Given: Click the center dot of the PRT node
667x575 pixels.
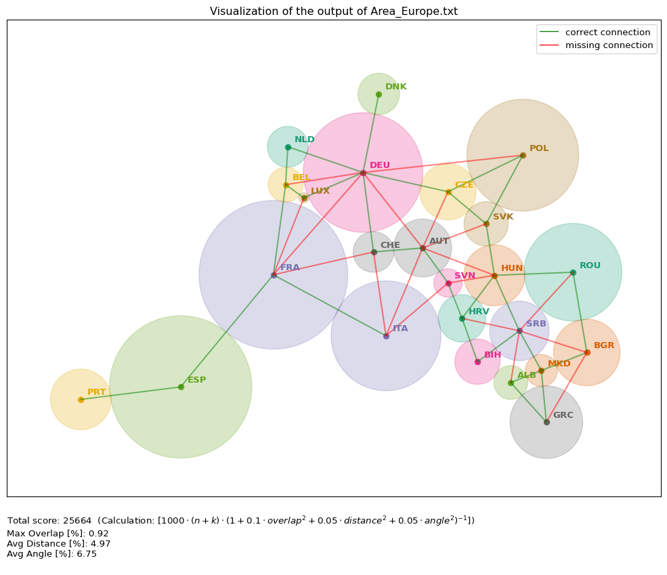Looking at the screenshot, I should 81,400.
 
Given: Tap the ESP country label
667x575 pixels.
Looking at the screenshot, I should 196,380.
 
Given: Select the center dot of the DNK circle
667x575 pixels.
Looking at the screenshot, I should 379,94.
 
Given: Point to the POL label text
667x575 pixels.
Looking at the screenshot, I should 539,148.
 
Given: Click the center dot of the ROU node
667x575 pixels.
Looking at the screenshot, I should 573,272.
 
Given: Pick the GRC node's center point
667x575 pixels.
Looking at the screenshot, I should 546,422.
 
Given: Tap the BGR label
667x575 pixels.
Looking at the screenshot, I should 604,345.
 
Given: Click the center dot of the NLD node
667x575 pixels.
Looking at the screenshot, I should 288,147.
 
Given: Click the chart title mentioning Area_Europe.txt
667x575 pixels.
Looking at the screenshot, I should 333,12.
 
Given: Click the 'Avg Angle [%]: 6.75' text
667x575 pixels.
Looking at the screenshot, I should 51,554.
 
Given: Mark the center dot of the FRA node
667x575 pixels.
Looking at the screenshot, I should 274,275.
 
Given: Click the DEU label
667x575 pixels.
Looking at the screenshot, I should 380,165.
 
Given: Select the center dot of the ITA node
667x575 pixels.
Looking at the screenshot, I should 386,336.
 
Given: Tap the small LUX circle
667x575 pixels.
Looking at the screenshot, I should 304,198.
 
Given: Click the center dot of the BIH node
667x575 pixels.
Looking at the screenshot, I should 477,362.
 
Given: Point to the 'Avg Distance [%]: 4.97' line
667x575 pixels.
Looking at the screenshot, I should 58,544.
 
